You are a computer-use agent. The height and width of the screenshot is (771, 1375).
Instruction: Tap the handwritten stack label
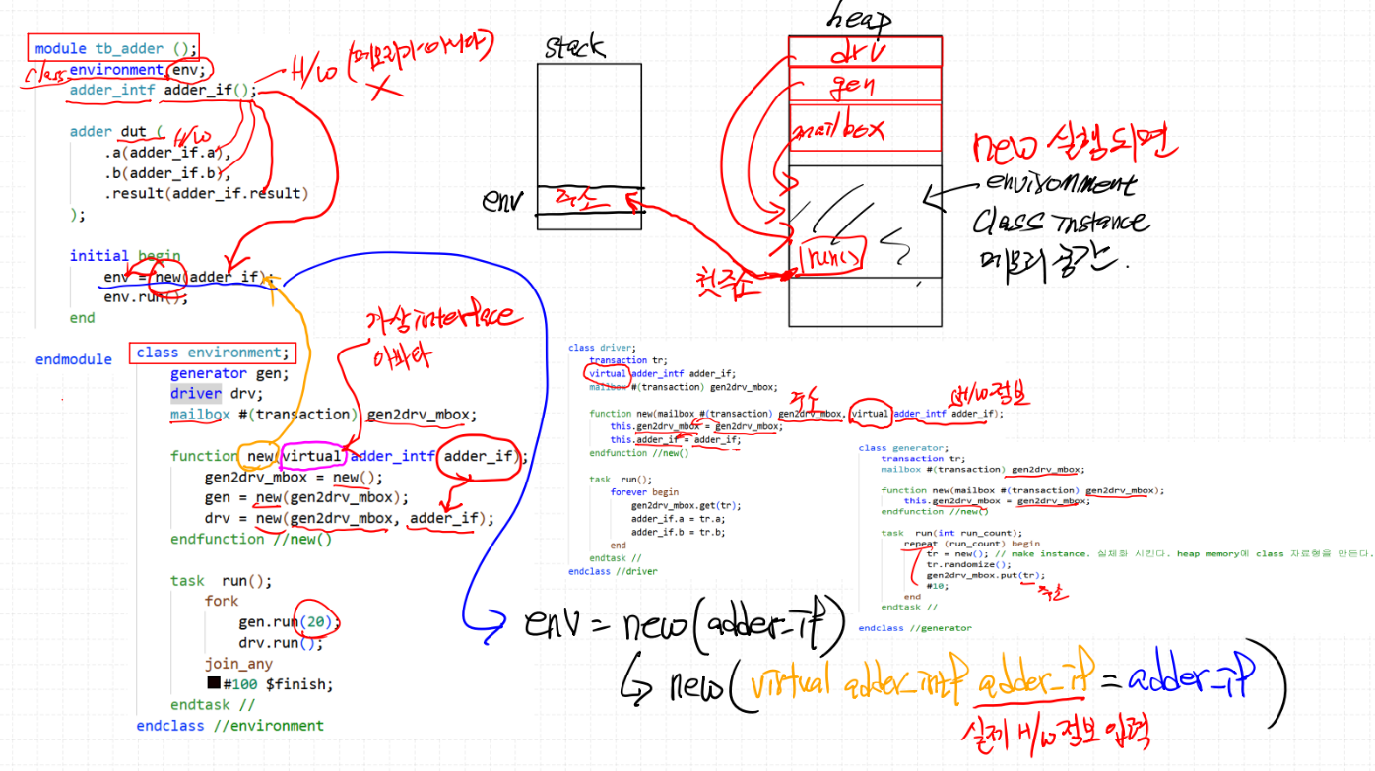574,47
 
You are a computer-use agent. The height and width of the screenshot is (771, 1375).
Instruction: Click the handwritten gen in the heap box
853,86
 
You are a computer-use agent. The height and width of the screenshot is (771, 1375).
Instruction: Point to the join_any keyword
238,664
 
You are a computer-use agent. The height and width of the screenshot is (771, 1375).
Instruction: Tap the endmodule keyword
74,359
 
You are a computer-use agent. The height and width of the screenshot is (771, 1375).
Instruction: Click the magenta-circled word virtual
313,456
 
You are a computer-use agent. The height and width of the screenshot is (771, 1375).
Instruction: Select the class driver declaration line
602,348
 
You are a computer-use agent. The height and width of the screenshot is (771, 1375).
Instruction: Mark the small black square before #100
213,683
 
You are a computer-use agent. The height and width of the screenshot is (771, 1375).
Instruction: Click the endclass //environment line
229,726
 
